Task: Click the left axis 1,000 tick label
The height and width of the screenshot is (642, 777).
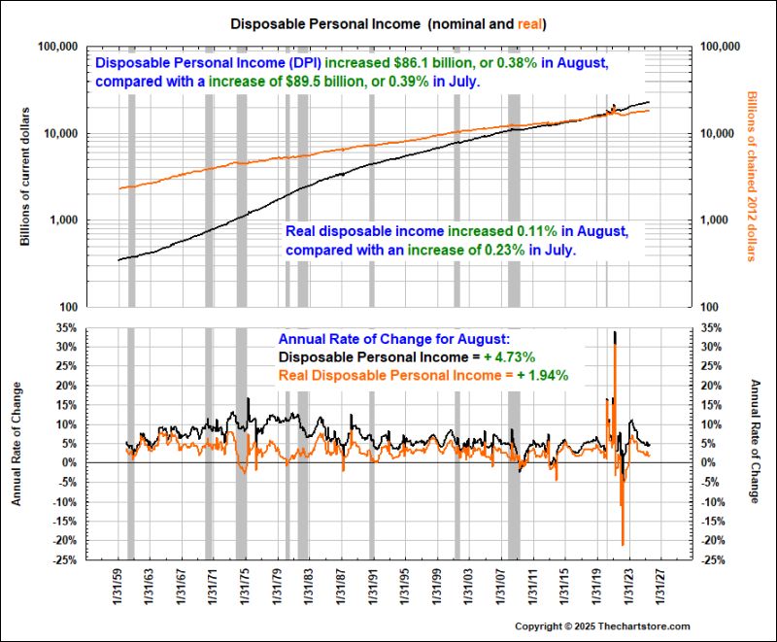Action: point(60,220)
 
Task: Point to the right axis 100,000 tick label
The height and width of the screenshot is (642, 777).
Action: point(720,47)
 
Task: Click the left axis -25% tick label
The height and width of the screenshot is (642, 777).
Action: point(64,559)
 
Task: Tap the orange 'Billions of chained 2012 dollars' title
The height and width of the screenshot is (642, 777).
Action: point(751,176)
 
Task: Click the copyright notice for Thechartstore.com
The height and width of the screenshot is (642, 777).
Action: point(602,626)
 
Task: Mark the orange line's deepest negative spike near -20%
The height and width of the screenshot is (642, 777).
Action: point(623,543)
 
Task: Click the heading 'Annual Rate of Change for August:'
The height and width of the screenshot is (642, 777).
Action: point(393,339)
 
